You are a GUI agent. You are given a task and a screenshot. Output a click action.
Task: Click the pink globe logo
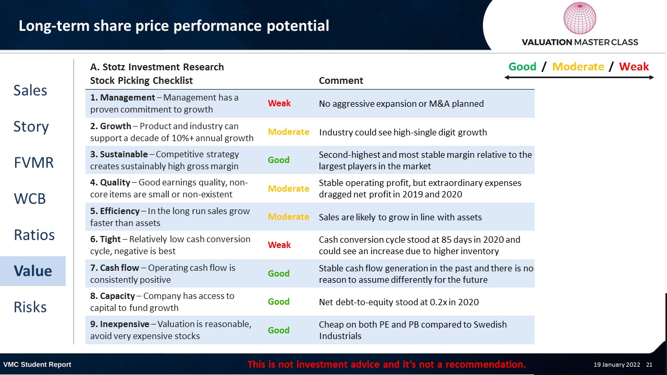pyautogui.click(x=580, y=18)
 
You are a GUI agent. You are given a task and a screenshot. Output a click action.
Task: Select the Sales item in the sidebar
pyautogui.click(x=30, y=90)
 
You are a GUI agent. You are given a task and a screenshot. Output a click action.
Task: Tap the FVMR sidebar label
pyautogui.click(x=34, y=162)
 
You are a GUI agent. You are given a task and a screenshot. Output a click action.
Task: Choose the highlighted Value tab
pyautogui.click(x=33, y=271)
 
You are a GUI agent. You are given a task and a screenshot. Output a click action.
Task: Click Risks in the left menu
pyautogui.click(x=30, y=307)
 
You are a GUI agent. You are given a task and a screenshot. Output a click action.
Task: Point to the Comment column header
pyautogui.click(x=341, y=80)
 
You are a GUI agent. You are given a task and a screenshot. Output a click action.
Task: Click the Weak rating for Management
pyautogui.click(x=279, y=103)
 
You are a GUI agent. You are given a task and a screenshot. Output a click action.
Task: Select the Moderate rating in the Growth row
pyautogui.click(x=289, y=132)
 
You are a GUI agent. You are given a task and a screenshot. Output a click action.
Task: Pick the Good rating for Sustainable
pyautogui.click(x=279, y=160)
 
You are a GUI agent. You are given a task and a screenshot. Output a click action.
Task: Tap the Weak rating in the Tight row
pyautogui.click(x=279, y=245)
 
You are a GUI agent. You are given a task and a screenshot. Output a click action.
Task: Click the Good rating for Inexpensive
pyautogui.click(x=279, y=330)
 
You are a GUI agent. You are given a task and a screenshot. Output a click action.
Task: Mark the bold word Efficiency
pyautogui.click(x=120, y=211)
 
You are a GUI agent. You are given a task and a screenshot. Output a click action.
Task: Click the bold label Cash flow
pyautogui.click(x=119, y=268)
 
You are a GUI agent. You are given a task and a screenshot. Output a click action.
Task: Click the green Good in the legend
pyautogui.click(x=522, y=66)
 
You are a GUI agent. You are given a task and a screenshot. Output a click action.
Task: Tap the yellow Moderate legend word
pyautogui.click(x=578, y=66)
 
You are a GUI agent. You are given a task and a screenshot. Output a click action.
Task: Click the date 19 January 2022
pyautogui.click(x=616, y=365)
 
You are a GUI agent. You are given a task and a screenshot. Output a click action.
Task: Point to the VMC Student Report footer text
pyautogui.click(x=37, y=365)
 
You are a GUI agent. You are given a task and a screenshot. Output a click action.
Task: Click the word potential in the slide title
pyautogui.click(x=298, y=26)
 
